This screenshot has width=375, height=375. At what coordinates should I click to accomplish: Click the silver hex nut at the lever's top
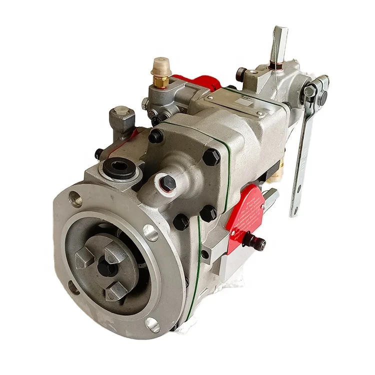pos(310,91)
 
